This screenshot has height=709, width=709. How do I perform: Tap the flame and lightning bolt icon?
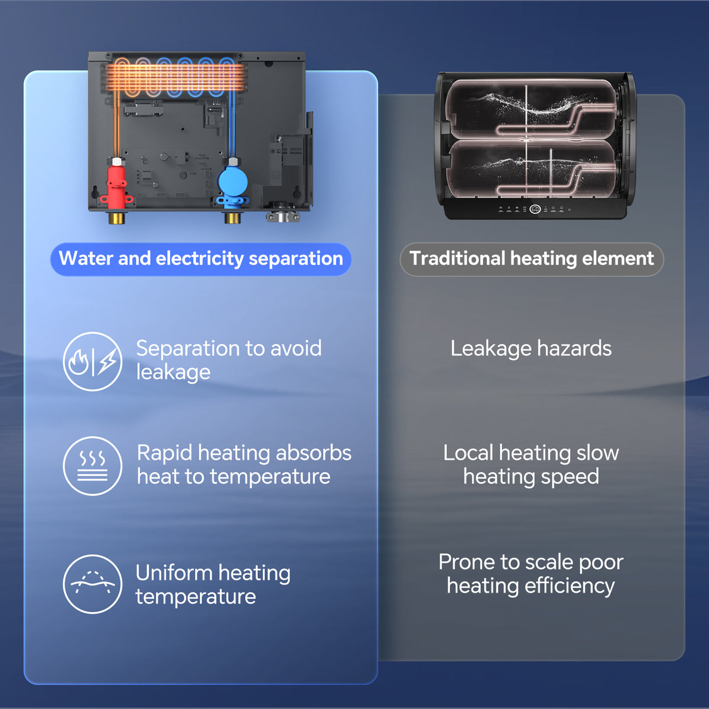[93, 361]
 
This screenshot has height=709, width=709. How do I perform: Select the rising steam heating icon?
[93, 466]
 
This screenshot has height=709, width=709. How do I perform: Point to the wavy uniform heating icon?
[93, 584]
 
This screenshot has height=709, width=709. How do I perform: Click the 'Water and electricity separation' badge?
[201, 259]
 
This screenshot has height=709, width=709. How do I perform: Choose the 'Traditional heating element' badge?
[532, 259]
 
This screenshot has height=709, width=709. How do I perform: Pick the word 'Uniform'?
[174, 573]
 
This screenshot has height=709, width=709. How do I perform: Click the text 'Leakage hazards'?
[531, 349]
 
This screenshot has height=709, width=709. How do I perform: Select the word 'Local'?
[468, 453]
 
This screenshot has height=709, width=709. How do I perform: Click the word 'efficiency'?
[570, 586]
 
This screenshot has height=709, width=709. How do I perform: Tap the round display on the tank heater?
[535, 209]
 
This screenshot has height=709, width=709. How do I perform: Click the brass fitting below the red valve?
[116, 217]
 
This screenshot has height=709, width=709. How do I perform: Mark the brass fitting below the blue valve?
[232, 217]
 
